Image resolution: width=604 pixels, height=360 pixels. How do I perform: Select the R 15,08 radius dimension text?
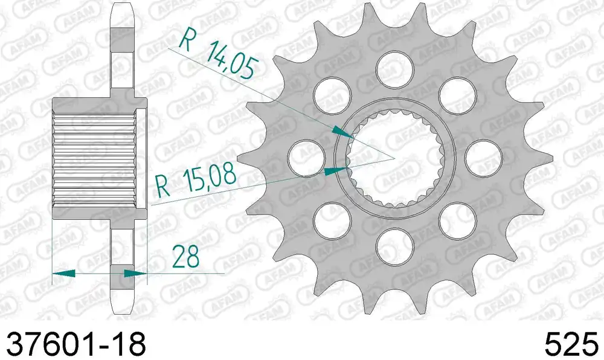(196, 179)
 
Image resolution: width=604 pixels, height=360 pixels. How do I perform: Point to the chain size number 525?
(571, 343)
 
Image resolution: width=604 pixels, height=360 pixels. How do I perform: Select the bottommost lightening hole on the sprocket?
(395, 246)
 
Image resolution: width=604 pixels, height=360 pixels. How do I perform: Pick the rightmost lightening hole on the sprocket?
(483, 158)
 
